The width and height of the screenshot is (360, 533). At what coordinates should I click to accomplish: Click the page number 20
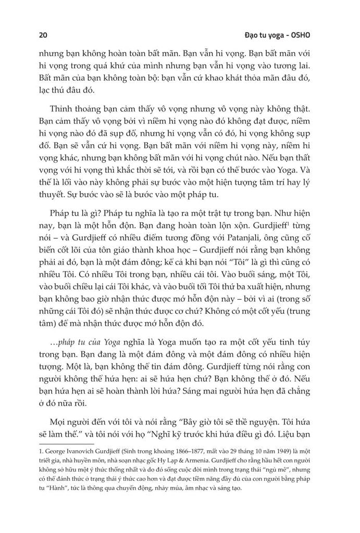[43, 36]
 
